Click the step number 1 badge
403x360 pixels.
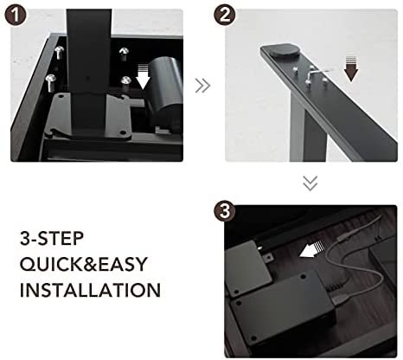pos(16,16)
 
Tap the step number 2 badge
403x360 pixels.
pos(225,15)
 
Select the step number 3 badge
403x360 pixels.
pos(225,211)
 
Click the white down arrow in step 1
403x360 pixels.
pos(144,77)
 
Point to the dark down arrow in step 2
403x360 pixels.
pos(351,69)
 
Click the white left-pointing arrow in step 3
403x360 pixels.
pos(311,249)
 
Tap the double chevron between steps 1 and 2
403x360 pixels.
pos(203,86)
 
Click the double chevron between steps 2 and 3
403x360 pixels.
pos(310,183)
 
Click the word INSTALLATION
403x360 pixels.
pos(90,290)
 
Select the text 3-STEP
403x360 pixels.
pos(52,238)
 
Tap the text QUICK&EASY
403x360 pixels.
pos(84,264)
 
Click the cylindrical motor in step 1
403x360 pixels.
pos(165,93)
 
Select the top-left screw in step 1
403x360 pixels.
pos(59,52)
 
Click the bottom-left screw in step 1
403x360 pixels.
pos(51,82)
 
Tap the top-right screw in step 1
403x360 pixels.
pos(125,54)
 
